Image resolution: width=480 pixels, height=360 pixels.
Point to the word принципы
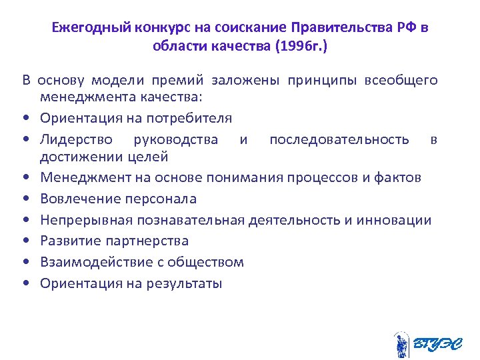tap(323, 81)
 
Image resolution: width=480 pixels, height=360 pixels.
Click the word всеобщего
tap(401, 81)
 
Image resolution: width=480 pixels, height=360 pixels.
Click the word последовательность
tap(339, 139)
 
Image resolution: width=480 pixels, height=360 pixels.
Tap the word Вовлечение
tap(77, 199)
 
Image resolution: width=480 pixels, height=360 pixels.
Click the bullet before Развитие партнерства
tap(25, 241)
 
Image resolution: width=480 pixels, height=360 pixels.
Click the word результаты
tap(183, 283)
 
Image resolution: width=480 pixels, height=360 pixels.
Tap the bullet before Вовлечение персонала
tap(25, 199)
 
